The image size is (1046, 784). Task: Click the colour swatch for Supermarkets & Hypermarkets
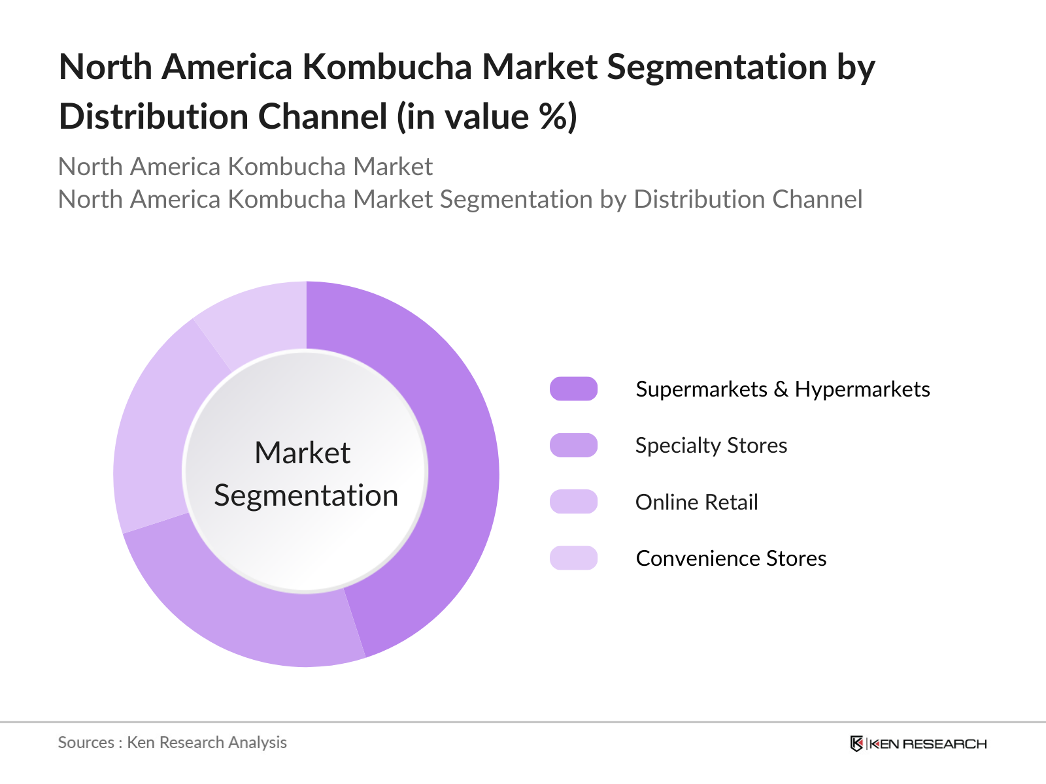573,389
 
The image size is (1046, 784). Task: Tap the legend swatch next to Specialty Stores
573,445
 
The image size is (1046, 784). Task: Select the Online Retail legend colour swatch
573,502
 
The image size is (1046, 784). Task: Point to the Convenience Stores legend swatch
573,558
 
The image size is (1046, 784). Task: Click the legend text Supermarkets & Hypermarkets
783,389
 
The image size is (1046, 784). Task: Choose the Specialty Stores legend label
711,446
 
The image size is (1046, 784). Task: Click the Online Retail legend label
696,502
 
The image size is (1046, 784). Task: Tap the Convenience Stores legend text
731,559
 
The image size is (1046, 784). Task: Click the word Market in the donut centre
303,453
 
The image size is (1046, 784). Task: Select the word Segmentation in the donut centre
306,495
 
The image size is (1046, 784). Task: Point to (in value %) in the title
486,117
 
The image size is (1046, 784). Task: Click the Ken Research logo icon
856,743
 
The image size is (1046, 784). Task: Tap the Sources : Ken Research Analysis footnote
172,742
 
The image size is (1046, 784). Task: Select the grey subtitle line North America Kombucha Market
245,167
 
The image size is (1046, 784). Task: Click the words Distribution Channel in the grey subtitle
748,199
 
